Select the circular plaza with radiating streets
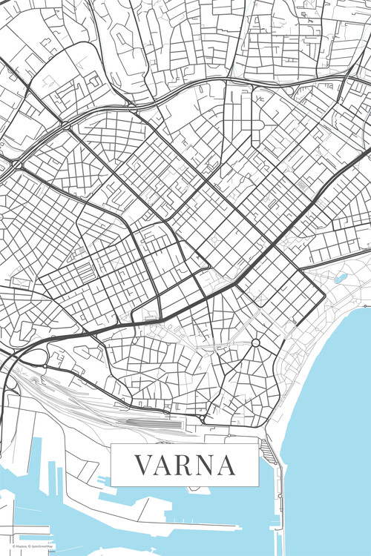click(255, 343)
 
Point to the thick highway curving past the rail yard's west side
click(9, 385)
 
